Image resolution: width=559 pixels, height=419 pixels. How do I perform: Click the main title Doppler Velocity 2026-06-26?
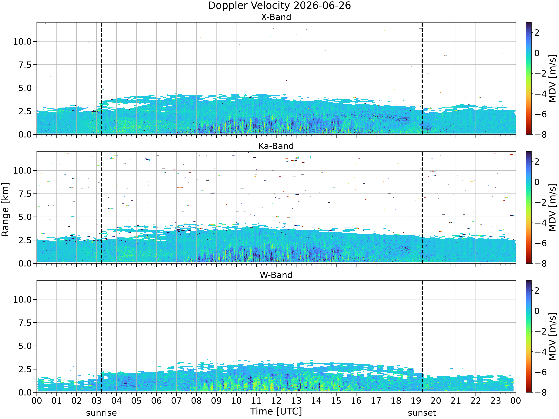click(279, 6)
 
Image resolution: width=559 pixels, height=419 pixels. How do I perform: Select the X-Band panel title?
click(276, 17)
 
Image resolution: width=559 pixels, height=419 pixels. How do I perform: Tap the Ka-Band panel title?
click(276, 146)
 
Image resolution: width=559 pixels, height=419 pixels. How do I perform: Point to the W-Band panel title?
click(276, 275)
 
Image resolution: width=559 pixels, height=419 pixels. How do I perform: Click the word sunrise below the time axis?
click(101, 413)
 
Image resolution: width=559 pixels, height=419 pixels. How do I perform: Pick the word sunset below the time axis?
click(422, 413)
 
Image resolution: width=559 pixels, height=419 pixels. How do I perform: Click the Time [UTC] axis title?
click(276, 411)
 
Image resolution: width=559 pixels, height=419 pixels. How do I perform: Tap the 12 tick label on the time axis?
click(276, 401)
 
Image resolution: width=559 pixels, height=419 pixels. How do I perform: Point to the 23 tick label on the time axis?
click(496, 401)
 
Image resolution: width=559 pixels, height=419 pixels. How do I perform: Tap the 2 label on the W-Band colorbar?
click(537, 291)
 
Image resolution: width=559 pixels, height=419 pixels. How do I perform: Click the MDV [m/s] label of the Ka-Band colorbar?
click(552, 207)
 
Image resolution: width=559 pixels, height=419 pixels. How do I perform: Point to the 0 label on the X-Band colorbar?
click(537, 53)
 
